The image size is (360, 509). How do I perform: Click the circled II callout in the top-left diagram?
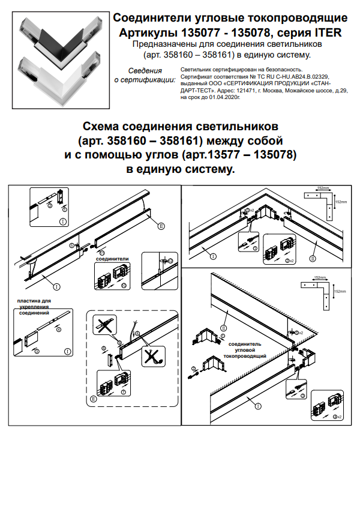pos(161,226)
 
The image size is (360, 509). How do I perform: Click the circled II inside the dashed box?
pos(93,398)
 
